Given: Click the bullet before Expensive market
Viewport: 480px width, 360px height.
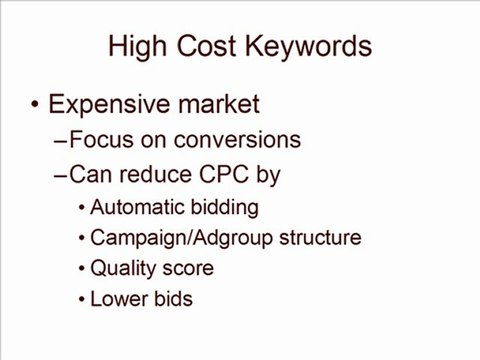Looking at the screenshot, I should (x=36, y=104).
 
